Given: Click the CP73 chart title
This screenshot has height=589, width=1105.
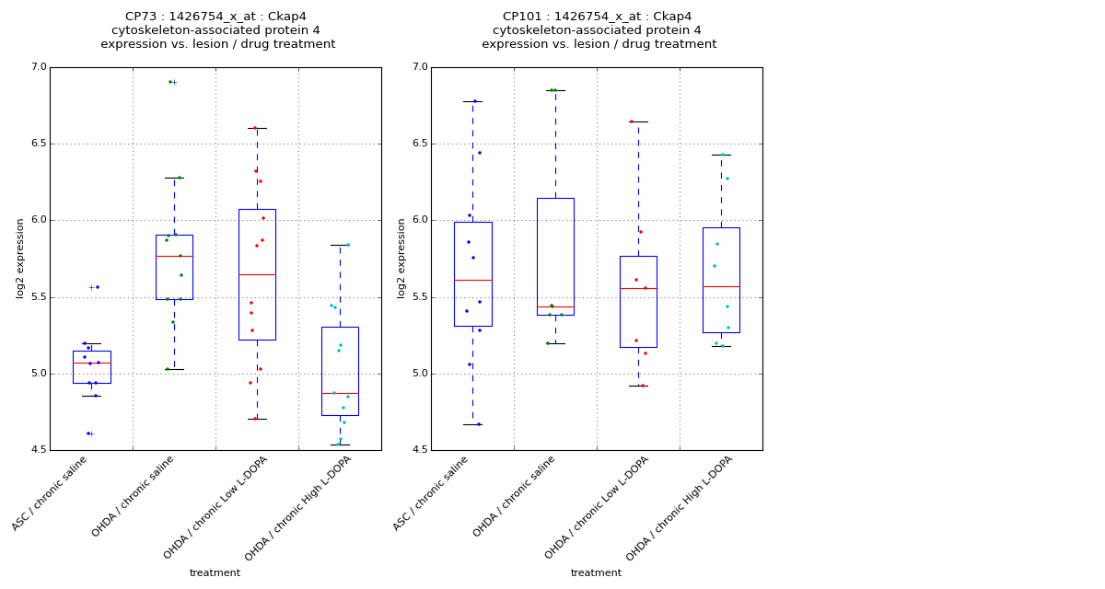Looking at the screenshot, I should (x=217, y=30).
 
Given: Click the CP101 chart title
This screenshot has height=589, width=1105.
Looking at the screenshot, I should (x=599, y=30).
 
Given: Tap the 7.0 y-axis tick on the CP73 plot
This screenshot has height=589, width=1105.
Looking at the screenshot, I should (x=38, y=67).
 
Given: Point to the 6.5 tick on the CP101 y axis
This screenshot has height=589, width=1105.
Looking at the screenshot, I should (x=419, y=144).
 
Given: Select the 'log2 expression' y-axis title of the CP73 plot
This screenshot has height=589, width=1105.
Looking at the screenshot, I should (x=20, y=258).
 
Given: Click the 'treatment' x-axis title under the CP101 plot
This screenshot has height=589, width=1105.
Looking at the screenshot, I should (x=596, y=573).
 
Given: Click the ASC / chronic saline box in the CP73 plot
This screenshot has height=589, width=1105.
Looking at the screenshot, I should (x=91, y=366).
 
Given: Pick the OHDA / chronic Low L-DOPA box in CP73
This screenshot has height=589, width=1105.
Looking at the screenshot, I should (x=257, y=274).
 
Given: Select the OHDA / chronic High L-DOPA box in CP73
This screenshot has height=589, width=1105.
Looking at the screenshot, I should (x=340, y=371).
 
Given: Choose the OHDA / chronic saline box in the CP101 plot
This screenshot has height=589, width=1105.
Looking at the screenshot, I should (x=555, y=257).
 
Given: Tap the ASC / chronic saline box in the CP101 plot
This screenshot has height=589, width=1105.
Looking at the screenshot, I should (x=472, y=273).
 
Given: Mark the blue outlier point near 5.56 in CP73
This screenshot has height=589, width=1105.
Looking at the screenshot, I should (x=97, y=287).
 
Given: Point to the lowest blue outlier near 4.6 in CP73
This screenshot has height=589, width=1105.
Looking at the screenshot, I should (x=88, y=433).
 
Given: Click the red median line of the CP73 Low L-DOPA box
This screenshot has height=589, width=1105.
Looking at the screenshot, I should (x=257, y=274).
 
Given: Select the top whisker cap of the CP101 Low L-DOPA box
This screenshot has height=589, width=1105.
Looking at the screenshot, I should (x=638, y=121).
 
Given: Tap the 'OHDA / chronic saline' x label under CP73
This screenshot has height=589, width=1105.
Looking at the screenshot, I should (x=134, y=497).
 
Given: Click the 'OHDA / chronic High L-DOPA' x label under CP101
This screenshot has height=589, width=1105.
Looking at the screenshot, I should (x=680, y=509).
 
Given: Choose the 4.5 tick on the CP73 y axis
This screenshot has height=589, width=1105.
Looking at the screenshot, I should (x=38, y=450).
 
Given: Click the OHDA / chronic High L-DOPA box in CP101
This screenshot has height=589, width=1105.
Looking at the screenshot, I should (x=721, y=280).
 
